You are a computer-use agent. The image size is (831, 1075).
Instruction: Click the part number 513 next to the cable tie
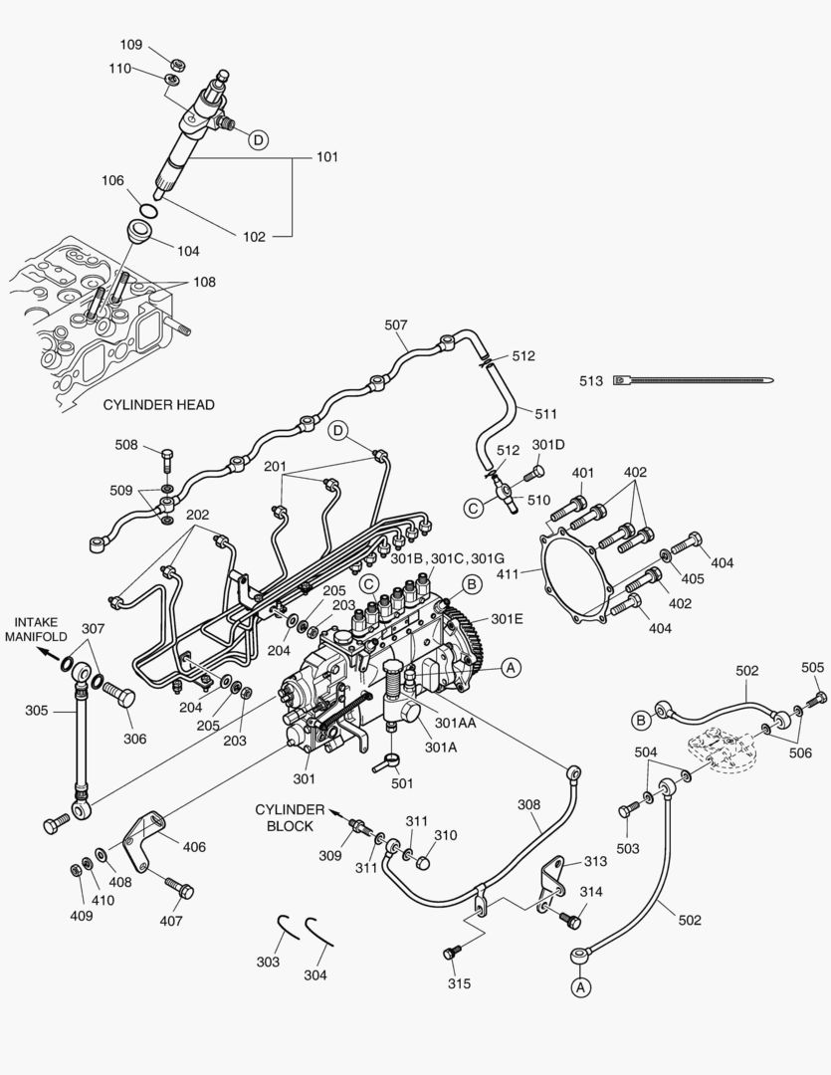(592, 380)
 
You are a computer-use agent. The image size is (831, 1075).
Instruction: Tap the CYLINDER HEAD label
(158, 405)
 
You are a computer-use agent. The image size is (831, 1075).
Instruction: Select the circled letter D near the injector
(258, 140)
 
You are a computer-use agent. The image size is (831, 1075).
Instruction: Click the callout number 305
(36, 711)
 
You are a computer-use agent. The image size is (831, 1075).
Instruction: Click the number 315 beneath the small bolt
(459, 983)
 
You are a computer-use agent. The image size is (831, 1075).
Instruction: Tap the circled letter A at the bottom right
(580, 986)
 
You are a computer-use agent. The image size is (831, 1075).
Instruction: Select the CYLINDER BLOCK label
(290, 817)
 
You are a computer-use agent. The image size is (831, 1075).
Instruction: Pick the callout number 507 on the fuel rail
(396, 324)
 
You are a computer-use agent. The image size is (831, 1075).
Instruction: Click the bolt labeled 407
(179, 887)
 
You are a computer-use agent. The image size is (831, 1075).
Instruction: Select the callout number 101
(327, 157)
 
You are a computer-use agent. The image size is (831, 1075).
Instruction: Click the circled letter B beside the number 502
(643, 717)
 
